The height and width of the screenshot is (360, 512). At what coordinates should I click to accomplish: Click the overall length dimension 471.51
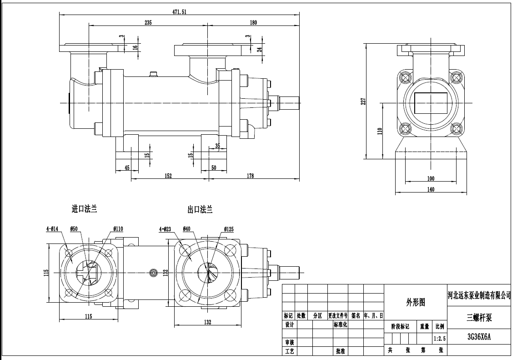(180, 12)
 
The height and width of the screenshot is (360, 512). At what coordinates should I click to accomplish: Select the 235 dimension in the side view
(148, 22)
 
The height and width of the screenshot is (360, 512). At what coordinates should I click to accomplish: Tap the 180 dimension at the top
(253, 22)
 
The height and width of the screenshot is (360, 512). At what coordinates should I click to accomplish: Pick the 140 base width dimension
(431, 190)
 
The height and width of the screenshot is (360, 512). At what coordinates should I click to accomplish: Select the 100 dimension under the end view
(431, 178)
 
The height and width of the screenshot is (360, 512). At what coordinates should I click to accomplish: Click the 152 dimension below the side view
(169, 176)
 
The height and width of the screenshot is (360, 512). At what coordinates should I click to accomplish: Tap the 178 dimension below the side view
(251, 176)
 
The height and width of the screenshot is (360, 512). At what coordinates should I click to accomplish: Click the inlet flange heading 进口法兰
(84, 209)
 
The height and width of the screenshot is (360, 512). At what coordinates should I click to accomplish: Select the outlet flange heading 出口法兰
(200, 210)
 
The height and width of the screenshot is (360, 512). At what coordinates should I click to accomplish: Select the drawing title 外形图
(415, 302)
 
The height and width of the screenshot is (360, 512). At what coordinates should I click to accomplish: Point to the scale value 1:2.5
(440, 339)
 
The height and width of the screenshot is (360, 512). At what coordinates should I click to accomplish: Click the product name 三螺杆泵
(479, 318)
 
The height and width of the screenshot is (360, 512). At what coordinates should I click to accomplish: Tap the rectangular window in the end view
(431, 103)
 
